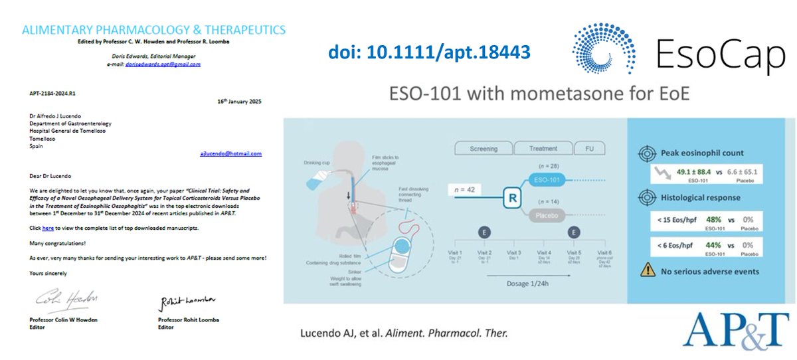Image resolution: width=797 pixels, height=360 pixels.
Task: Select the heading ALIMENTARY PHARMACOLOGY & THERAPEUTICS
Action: [153, 30]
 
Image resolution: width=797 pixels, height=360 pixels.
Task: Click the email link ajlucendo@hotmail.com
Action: [230, 153]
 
